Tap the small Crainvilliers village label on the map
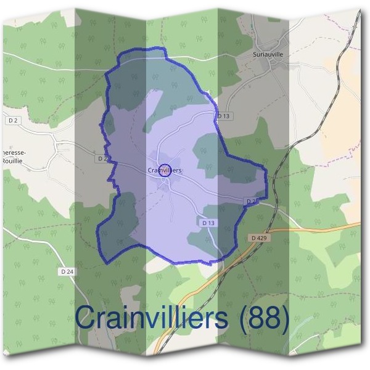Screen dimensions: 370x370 [x=164, y=170]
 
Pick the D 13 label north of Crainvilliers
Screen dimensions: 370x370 [x=223, y=115]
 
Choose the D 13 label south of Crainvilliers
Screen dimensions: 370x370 [x=208, y=222]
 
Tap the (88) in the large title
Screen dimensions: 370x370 [x=263, y=319]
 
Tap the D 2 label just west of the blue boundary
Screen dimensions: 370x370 [x=102, y=158]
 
